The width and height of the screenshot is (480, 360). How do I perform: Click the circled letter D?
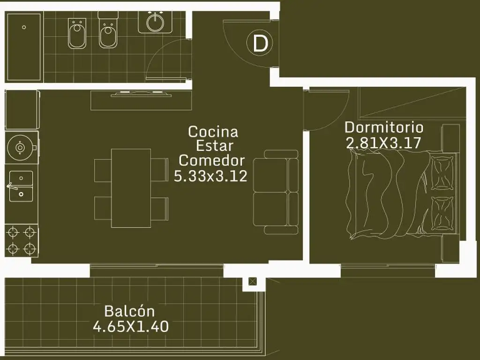coord(260,44)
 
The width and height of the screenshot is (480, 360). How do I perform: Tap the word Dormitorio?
coord(384,127)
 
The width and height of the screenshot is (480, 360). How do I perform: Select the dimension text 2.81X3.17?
coord(383,142)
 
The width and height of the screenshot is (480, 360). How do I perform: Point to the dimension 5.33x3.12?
coord(210,176)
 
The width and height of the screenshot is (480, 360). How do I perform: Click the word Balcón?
coord(129,311)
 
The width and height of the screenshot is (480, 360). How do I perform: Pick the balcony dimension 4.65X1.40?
coord(131,326)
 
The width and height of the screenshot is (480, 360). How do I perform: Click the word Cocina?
coord(213,132)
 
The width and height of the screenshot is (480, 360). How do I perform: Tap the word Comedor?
coord(212,160)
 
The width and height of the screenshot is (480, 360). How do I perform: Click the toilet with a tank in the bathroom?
coord(107,30)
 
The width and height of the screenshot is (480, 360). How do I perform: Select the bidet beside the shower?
coord(77,33)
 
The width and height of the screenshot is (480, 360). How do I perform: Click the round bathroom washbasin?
coord(156,22)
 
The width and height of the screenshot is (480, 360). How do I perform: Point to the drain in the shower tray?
coord(24,27)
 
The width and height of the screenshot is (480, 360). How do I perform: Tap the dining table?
coord(131,188)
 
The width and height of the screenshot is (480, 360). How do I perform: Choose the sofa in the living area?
coord(276,192)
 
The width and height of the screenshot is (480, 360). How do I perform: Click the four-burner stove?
coord(22,240)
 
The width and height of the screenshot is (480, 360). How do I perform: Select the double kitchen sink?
coord(21,186)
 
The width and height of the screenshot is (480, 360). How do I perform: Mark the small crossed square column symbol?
coord(252,281)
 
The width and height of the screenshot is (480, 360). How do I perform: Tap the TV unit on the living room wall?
coord(141,100)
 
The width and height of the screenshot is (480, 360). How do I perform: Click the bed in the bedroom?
coord(402,195)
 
